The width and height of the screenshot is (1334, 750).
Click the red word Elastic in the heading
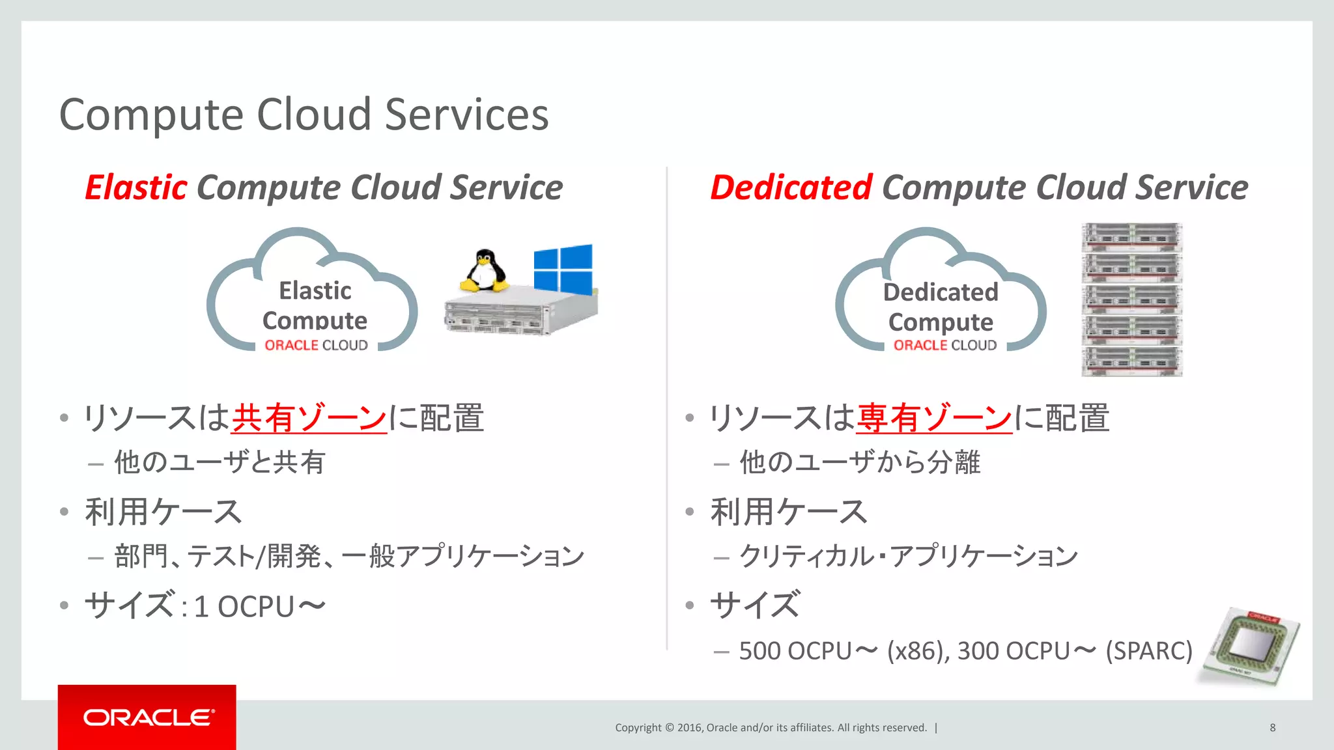[136, 187]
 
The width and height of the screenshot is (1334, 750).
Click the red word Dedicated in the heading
[791, 187]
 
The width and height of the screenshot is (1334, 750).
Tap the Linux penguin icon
[484, 271]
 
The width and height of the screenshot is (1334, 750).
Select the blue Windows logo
[563, 268]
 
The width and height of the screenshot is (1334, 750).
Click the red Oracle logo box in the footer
[147, 717]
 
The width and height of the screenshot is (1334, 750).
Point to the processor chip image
[1250, 646]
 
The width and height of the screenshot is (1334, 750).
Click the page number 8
[1272, 728]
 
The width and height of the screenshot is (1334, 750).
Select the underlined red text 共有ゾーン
[309, 418]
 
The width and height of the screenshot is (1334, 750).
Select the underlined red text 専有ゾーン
[934, 418]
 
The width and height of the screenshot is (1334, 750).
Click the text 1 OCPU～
[259, 607]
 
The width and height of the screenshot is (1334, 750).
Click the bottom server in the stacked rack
[1131, 362]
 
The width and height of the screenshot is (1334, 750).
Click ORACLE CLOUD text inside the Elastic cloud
[316, 345]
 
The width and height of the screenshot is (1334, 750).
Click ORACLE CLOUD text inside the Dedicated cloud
[944, 345]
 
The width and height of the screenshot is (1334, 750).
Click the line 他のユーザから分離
[860, 463]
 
